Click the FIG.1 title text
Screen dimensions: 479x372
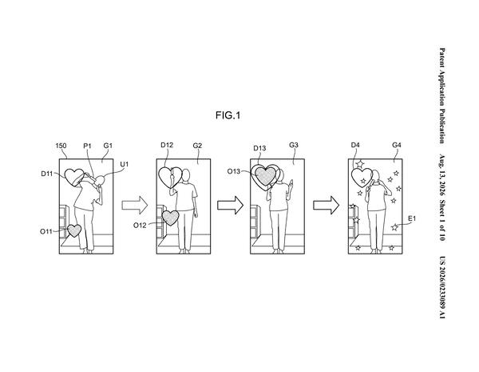(228, 115)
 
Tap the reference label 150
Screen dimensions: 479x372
(61, 146)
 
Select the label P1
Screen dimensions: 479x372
(87, 146)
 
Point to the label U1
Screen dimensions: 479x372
(124, 165)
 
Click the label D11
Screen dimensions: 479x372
(47, 174)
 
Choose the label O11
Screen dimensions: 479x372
(46, 231)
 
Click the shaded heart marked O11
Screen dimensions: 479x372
(74, 230)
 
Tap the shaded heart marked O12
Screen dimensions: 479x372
(171, 218)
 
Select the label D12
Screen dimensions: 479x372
(167, 145)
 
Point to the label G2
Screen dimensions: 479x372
(197, 146)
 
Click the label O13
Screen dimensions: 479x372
(234, 171)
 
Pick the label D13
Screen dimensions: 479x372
(259, 149)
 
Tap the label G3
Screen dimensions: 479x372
(294, 145)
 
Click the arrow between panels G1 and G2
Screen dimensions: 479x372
(135, 205)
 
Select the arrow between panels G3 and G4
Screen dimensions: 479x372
(326, 205)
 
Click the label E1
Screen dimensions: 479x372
(412, 218)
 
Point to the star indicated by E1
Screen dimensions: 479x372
(394, 227)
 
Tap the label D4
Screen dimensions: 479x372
(355, 145)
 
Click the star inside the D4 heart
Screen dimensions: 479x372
(363, 181)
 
